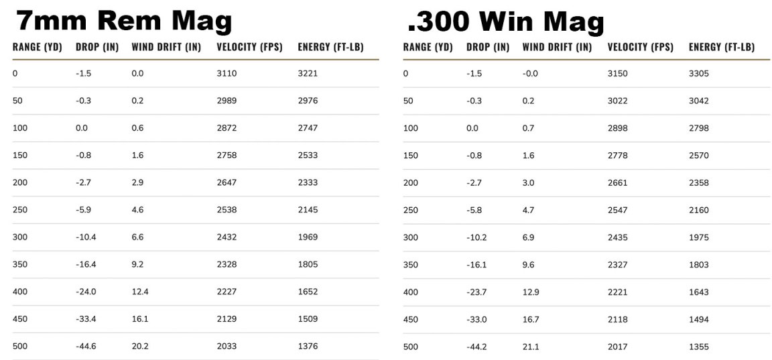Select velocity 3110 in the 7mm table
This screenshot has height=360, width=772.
click(227, 73)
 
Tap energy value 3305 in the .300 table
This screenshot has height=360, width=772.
click(698, 73)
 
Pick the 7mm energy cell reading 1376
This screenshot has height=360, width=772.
click(308, 347)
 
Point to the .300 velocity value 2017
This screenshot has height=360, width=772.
click(617, 347)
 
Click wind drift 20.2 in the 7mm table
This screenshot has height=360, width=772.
click(140, 347)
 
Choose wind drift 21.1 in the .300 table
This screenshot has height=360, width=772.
click(531, 347)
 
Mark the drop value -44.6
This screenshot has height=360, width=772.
click(86, 347)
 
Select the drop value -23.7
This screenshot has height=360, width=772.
click(476, 292)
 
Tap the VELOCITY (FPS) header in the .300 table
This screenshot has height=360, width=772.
click(640, 47)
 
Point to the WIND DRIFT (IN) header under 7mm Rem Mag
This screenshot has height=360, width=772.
click(166, 47)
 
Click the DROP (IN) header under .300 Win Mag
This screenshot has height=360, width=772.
click(488, 47)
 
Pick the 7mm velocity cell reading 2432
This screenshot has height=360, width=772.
click(227, 237)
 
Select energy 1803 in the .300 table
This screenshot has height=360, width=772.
click(698, 265)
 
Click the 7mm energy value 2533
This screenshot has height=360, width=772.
click(308, 155)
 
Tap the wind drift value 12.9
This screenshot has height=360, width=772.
click(531, 292)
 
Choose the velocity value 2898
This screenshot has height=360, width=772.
click(617, 128)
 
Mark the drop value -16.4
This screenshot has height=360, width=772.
click(86, 265)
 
